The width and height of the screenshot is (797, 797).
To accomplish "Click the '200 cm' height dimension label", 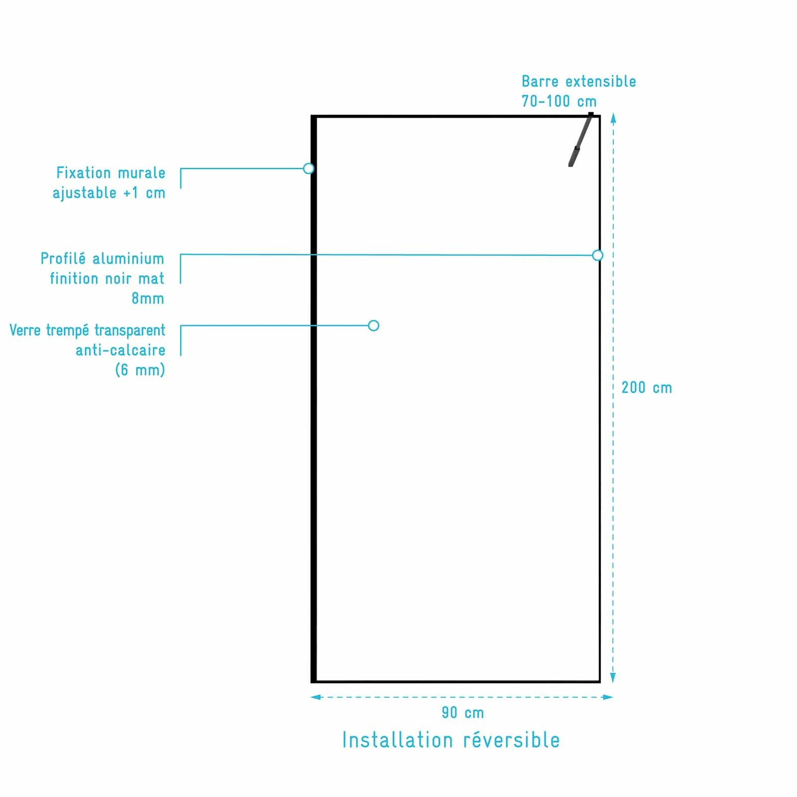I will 647,388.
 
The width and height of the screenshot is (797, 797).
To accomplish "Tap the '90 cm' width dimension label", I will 463,713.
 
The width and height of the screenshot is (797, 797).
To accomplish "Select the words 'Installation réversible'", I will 451,740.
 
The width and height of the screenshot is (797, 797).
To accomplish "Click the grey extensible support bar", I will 580,141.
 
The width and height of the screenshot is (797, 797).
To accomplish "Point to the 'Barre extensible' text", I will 579,82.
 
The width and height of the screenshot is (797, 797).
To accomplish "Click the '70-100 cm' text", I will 559,102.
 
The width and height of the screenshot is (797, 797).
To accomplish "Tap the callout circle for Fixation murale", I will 309,168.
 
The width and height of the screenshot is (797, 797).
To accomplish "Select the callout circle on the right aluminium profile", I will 598,255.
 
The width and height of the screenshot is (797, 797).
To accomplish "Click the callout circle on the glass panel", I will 374,326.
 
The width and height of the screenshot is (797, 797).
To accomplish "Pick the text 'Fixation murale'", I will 111,173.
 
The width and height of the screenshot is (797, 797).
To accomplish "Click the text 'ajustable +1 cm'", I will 109,193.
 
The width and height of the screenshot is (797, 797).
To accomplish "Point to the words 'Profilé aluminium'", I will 103,259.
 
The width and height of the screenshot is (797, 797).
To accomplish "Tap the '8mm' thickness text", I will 148,299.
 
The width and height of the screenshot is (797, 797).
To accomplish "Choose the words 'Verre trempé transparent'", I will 88,331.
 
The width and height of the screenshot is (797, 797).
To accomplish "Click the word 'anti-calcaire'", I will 121,350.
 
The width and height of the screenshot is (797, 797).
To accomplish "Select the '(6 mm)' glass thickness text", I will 140,370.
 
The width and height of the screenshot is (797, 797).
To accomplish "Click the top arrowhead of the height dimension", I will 613,118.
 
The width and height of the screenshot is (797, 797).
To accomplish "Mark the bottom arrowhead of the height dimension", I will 613,678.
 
